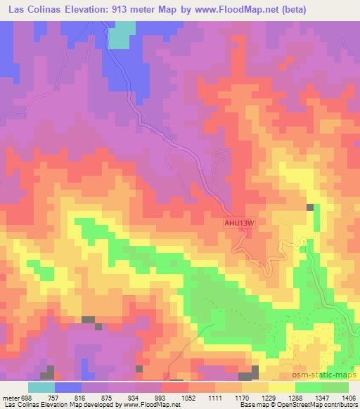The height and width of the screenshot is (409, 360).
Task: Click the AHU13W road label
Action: (238, 223)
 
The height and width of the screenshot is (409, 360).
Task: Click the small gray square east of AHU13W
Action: (310, 207)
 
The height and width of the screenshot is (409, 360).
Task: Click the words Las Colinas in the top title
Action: (36, 9)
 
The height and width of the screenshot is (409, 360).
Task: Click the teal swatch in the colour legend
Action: (41, 387)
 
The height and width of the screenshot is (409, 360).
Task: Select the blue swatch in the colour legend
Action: (68, 387)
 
